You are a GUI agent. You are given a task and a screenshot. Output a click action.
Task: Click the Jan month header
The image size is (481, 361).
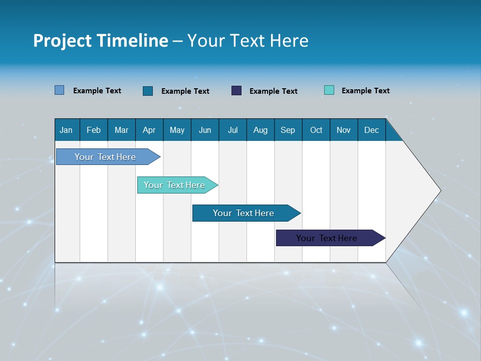66,130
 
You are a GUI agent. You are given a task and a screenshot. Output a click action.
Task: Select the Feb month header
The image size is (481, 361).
94,130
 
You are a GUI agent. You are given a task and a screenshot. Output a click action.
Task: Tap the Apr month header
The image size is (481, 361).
149,130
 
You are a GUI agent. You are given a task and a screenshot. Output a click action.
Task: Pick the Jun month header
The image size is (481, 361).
205,130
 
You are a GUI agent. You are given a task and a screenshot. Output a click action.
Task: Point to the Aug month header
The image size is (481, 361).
261,130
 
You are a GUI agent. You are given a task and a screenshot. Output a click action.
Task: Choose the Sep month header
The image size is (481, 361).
288,130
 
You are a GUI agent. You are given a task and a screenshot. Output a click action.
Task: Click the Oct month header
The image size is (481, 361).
316,130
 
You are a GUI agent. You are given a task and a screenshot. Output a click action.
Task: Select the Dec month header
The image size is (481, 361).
372,130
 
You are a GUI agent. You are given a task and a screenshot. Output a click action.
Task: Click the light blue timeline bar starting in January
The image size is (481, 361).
106,157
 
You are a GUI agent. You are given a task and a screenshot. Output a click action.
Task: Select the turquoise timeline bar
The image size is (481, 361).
175,185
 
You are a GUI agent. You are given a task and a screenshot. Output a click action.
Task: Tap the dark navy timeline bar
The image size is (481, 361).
327,238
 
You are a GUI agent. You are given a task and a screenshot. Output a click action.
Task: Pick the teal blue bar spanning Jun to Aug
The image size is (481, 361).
244,213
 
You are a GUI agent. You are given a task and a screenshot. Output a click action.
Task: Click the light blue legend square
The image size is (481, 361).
60,90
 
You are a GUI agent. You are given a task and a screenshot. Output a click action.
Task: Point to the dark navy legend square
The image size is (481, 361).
236,91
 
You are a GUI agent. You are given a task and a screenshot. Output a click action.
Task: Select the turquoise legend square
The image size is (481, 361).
329,90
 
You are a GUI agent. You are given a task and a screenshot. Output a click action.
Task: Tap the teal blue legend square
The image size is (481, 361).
148,91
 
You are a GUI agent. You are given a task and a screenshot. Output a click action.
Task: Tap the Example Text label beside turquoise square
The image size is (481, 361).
365,91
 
